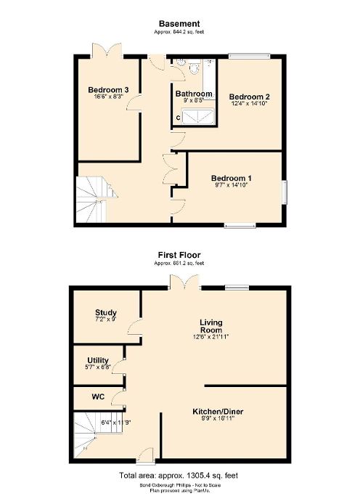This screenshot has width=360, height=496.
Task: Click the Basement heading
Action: pyautogui.click(x=179, y=24)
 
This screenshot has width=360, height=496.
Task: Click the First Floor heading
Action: pyautogui.click(x=179, y=255)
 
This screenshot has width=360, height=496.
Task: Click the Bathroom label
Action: pyautogui.click(x=194, y=94)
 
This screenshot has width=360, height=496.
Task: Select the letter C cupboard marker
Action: pyautogui.click(x=178, y=117)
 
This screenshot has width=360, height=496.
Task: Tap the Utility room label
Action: pyautogui.click(x=98, y=360)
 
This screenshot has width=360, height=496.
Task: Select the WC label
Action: pyautogui.click(x=99, y=397)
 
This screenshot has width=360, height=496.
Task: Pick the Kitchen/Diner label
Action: pyautogui.click(x=218, y=412)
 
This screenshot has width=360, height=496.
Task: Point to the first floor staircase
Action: pyautogui.click(x=89, y=434)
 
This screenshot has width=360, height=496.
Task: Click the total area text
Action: pyautogui.click(x=179, y=475)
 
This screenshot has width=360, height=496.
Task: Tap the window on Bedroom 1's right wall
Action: pyautogui.click(x=284, y=190)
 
